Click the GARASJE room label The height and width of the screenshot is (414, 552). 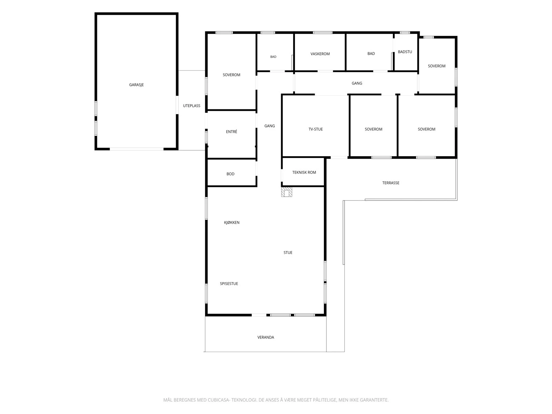tap(136, 85)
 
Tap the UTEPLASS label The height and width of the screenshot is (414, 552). tap(191, 106)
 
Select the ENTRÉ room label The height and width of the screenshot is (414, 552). tap(231, 131)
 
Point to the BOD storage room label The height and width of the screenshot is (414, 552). tap(230, 174)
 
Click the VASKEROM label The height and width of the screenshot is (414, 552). tap(320, 54)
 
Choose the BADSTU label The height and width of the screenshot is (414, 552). tap(405, 52)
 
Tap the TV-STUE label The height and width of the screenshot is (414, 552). tap(316, 129)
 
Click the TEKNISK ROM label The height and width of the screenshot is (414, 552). tap(304, 172)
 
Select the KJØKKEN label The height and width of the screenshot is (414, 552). tap(231, 223)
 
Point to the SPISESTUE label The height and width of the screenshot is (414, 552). tap(229, 284)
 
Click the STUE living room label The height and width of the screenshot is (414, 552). tap(288, 253)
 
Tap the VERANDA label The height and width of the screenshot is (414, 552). tap(266, 337)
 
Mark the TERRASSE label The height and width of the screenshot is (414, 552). tap(391, 183)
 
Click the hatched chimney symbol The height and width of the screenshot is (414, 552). tap(287, 192)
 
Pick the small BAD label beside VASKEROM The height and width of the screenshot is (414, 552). tap(273, 57)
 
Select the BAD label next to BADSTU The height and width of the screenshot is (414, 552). tap(371, 53)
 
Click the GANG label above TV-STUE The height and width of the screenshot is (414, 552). tap(357, 83)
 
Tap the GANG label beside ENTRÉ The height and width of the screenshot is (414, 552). tap(269, 126)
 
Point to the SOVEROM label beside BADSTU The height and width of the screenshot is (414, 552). tap(436, 66)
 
